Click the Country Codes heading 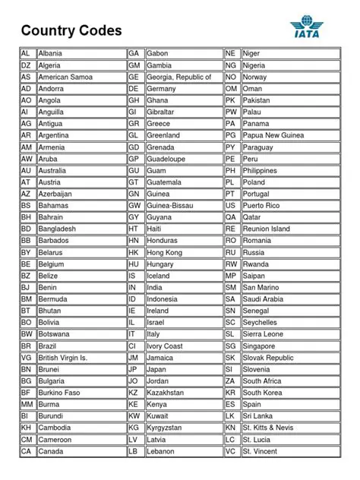click(x=71, y=30)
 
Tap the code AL click(x=26, y=54)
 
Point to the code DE click(x=134, y=89)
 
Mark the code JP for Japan click(x=133, y=369)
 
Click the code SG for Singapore click(x=230, y=346)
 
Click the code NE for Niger click(x=231, y=54)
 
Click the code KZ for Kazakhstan click(x=134, y=393)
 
